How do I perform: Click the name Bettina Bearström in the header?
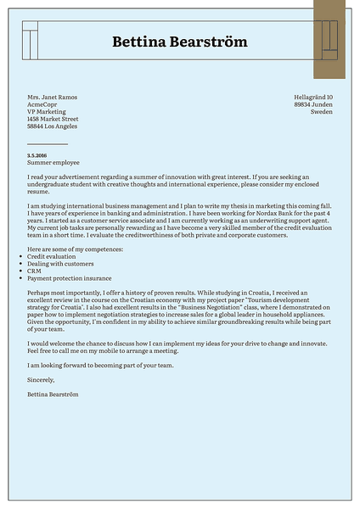[x=180, y=42]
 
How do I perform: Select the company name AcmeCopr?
[x=42, y=104]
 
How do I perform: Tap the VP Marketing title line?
[x=47, y=112]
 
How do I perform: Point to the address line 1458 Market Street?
[x=53, y=120]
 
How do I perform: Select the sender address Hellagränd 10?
[x=313, y=98]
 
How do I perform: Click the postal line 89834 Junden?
[x=313, y=104]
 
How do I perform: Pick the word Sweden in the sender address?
[x=322, y=112]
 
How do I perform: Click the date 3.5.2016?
[x=37, y=155]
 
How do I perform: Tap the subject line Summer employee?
[x=53, y=162]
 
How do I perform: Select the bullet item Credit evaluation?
[x=52, y=256]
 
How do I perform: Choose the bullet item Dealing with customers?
[x=60, y=264]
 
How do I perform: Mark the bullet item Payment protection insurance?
[x=69, y=278]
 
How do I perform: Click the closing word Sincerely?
[x=42, y=381]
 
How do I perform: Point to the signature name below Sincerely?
[x=55, y=395]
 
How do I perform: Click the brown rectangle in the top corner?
[x=329, y=39]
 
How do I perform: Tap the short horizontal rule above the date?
[x=48, y=144]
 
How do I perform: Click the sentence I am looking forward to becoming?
[x=100, y=366]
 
